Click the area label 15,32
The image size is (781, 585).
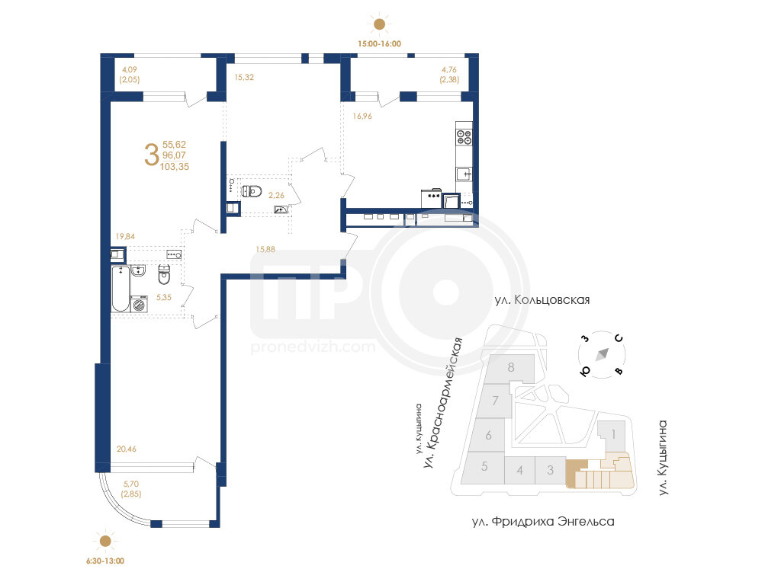(244, 77)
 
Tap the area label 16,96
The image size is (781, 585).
(362, 116)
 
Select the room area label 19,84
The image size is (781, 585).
(125, 236)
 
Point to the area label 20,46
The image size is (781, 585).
(126, 449)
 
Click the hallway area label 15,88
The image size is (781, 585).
(265, 249)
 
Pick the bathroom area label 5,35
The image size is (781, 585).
(164, 298)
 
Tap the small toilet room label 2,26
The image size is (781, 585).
(276, 196)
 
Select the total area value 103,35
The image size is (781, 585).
(175, 167)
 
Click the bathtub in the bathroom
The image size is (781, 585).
(121, 289)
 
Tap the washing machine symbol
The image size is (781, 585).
(139, 304)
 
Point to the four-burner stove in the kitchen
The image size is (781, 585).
(464, 137)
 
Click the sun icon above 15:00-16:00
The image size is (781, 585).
(379, 24)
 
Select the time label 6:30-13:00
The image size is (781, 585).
(105, 561)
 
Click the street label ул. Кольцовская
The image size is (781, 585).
(542, 300)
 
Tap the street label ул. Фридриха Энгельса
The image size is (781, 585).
(543, 521)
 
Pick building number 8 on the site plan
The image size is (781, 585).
(510, 367)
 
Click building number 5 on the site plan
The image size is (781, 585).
(484, 467)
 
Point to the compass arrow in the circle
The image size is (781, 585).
(603, 354)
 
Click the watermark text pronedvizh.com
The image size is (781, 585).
(313, 347)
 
